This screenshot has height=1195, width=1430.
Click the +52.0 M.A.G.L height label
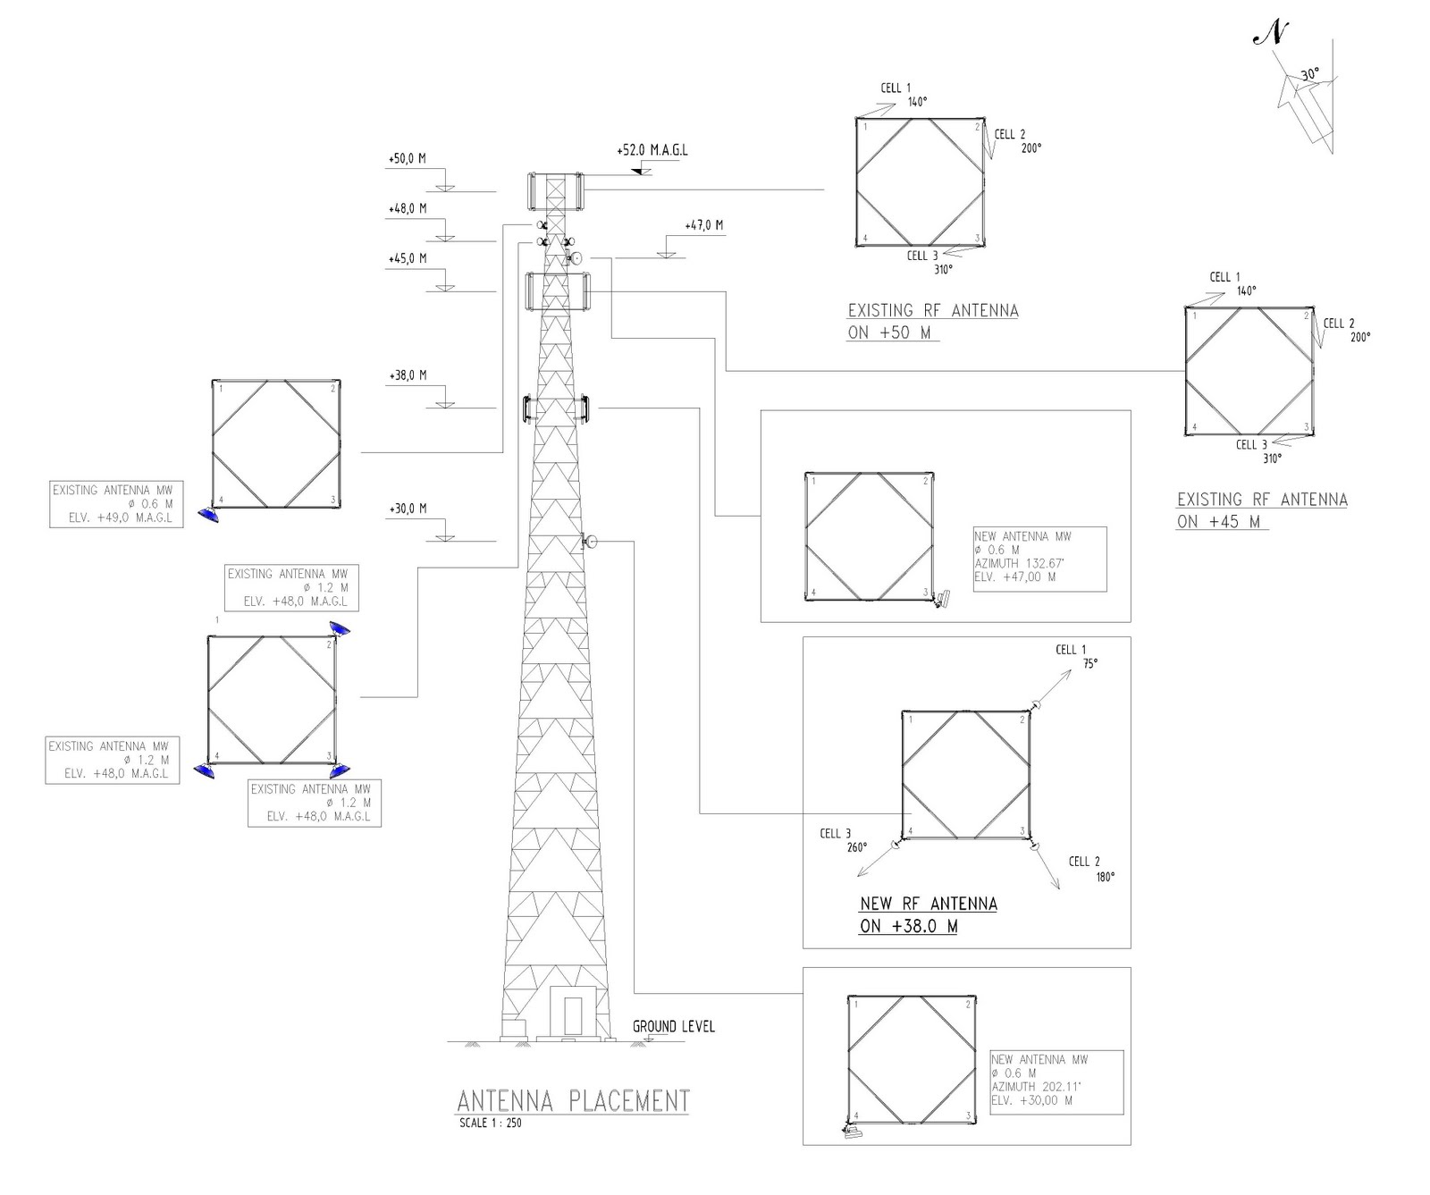[x=652, y=150]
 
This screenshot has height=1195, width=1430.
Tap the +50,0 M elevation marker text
[x=407, y=159]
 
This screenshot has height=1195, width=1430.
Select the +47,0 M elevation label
[x=704, y=225]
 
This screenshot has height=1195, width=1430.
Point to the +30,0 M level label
[x=408, y=509]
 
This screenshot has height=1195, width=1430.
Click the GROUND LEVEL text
[x=674, y=1026]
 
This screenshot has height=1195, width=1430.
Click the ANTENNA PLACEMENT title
[x=573, y=1100]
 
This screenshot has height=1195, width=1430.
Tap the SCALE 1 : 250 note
[x=490, y=1123]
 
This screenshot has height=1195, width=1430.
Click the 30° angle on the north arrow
[x=1309, y=75]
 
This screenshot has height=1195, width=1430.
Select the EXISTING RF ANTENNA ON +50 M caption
[x=932, y=321]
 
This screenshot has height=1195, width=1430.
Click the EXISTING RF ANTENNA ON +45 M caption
[x=1261, y=510]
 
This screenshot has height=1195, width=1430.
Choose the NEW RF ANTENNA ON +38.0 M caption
[x=928, y=914]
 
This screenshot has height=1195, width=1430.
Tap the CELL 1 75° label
[x=1076, y=656]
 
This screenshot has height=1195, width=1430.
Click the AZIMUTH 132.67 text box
[x=1039, y=559]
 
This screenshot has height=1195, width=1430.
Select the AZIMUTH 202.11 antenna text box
[x=1056, y=1081]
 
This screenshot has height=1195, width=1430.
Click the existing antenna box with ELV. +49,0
[x=116, y=504]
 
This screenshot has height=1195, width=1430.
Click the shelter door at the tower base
[x=572, y=1014]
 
